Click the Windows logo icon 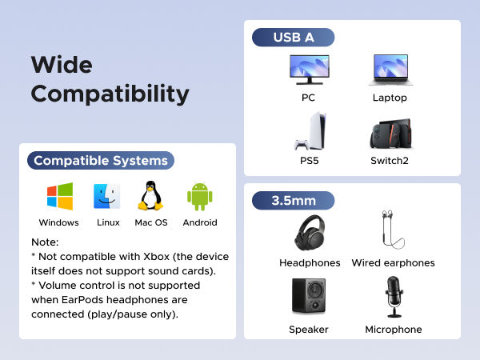[59, 197]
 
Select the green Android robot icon [199, 197]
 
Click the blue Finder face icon [107, 197]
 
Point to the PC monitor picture [309, 70]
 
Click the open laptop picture [390, 70]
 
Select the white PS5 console [307, 133]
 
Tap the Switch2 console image [390, 135]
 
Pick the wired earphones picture [392, 231]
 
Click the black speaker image [308, 296]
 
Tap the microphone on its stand [393, 296]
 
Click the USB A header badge [293, 37]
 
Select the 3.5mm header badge [293, 200]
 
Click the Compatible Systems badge [101, 160]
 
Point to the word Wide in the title [62, 64]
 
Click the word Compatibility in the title [110, 94]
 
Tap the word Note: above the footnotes [46, 242]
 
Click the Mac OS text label [151, 222]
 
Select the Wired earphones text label [393, 262]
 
